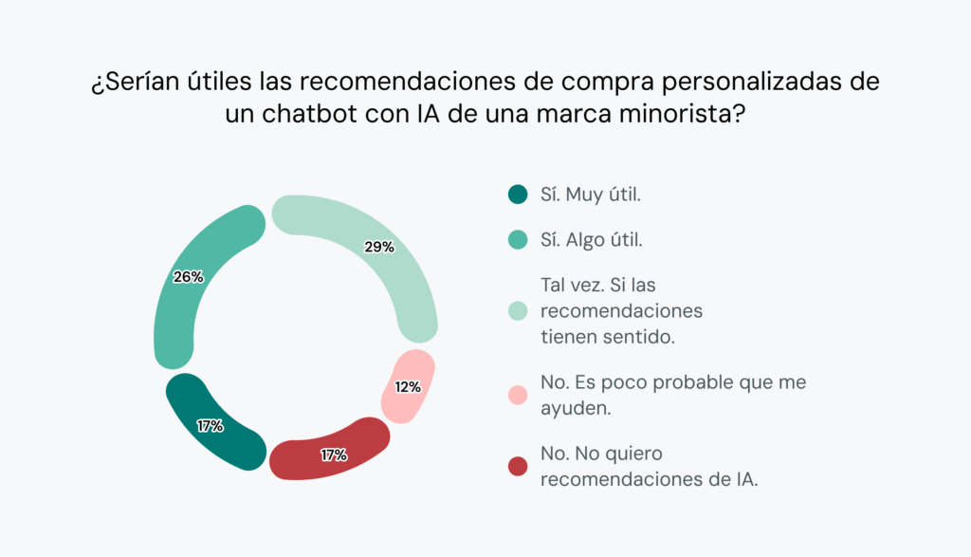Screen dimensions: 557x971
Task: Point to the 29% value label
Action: [x=379, y=247]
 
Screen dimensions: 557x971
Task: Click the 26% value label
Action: [x=189, y=277]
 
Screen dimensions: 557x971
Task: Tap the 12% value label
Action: [x=407, y=387]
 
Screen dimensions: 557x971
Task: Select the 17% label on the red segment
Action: [x=333, y=455]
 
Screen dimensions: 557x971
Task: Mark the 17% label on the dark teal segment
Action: [x=210, y=426]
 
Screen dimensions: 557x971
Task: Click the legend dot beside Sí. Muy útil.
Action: [x=517, y=195]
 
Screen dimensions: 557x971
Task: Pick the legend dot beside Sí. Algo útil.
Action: [x=517, y=241]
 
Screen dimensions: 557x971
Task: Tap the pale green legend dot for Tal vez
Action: [x=517, y=310]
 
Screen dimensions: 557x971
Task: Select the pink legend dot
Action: [x=517, y=393]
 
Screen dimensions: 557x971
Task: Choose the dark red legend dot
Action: [x=517, y=466]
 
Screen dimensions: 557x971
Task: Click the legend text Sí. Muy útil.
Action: [x=591, y=195]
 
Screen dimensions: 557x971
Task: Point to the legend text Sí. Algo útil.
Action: [x=592, y=241]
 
